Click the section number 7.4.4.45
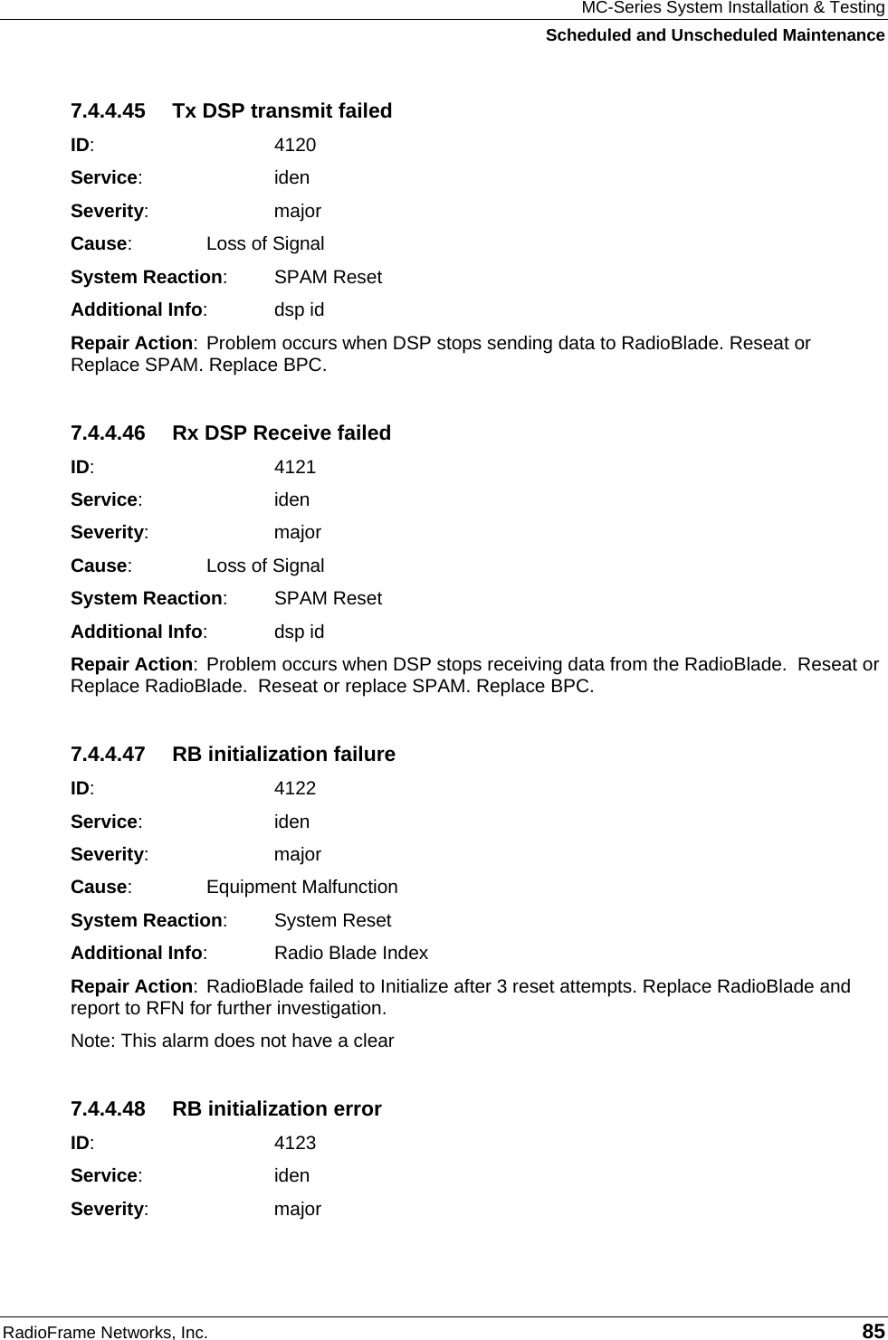tap(108, 111)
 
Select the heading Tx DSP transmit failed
tap(282, 111)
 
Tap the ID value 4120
tap(295, 145)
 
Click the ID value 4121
tap(295, 467)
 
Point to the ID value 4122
tap(295, 788)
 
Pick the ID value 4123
tap(295, 1143)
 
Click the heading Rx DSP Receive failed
tap(282, 433)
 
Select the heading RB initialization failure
tap(283, 755)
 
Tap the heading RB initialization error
tap(277, 1109)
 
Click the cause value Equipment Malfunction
tap(302, 888)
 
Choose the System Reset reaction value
tap(332, 921)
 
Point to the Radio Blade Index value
tap(351, 954)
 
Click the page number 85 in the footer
tap(874, 1331)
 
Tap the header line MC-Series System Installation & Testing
tap(732, 9)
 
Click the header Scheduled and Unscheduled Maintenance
tap(714, 35)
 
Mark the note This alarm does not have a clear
tap(233, 1041)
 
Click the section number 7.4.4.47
tap(108, 755)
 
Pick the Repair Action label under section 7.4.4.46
tap(132, 665)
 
